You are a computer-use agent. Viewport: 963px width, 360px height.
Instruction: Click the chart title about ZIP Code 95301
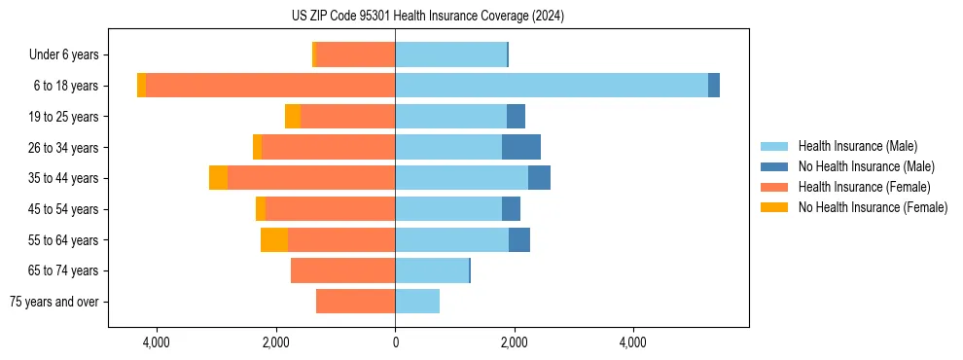click(427, 16)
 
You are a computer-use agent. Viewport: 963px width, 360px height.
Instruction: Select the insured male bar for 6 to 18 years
click(551, 86)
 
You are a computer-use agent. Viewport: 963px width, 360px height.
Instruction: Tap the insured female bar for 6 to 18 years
click(270, 86)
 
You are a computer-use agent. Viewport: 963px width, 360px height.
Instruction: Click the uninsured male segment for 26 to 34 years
click(520, 147)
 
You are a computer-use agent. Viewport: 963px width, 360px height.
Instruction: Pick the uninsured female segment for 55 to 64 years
click(274, 239)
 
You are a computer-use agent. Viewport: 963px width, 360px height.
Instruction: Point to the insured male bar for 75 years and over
click(417, 302)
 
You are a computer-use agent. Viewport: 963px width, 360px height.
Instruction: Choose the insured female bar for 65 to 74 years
click(342, 270)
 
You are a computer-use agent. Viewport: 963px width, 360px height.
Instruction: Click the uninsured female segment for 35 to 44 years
click(218, 178)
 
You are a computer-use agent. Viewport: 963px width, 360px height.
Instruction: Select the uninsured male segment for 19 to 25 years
click(516, 117)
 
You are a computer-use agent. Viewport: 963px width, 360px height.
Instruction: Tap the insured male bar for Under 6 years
click(450, 54)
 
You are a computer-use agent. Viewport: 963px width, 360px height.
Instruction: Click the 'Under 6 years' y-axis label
click(63, 55)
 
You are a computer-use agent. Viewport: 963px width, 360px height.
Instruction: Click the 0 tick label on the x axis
click(395, 342)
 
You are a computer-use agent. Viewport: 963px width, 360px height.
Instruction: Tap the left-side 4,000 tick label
click(157, 342)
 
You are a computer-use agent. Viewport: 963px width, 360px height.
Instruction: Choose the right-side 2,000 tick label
click(514, 342)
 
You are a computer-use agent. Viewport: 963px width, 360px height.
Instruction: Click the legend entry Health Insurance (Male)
click(857, 146)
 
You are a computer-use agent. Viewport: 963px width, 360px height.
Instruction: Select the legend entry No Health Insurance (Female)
click(873, 207)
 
